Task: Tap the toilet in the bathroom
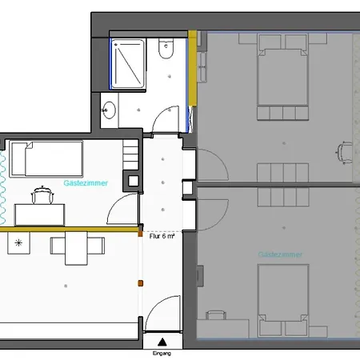[166, 50]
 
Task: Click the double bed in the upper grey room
[282, 75]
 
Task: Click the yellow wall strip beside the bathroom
[192, 68]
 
